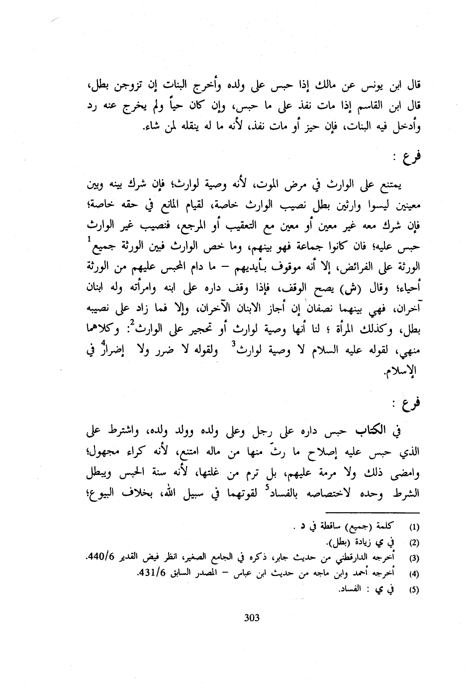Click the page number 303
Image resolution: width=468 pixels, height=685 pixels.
tap(252, 618)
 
